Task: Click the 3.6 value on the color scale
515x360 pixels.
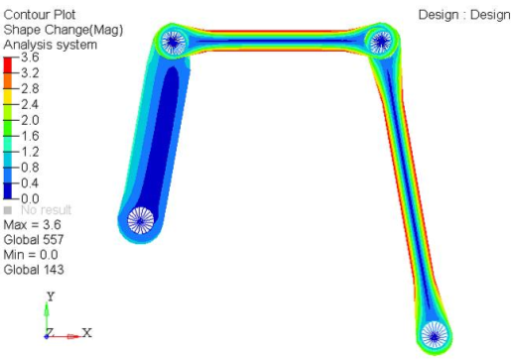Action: click(x=29, y=59)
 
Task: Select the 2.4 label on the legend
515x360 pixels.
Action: click(x=29, y=104)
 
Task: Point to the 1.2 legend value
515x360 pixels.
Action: click(x=29, y=152)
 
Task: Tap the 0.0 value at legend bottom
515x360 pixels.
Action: click(x=29, y=198)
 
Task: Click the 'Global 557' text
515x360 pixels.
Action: click(x=36, y=241)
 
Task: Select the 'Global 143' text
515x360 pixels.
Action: click(x=36, y=270)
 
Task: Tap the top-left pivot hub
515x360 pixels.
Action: click(x=174, y=43)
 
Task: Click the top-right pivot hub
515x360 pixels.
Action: click(x=381, y=42)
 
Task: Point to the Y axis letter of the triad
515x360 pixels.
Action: click(x=50, y=296)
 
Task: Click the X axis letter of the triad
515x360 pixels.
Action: click(x=86, y=332)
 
